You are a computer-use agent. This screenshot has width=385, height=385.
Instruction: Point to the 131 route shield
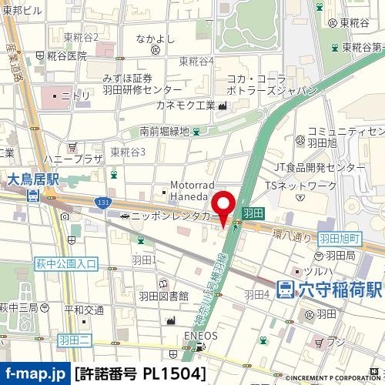(102, 203)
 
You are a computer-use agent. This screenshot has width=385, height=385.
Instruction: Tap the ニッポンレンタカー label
(176, 217)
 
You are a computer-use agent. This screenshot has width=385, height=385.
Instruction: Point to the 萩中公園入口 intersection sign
(66, 263)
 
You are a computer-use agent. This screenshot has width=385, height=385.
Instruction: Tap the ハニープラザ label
(72, 159)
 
